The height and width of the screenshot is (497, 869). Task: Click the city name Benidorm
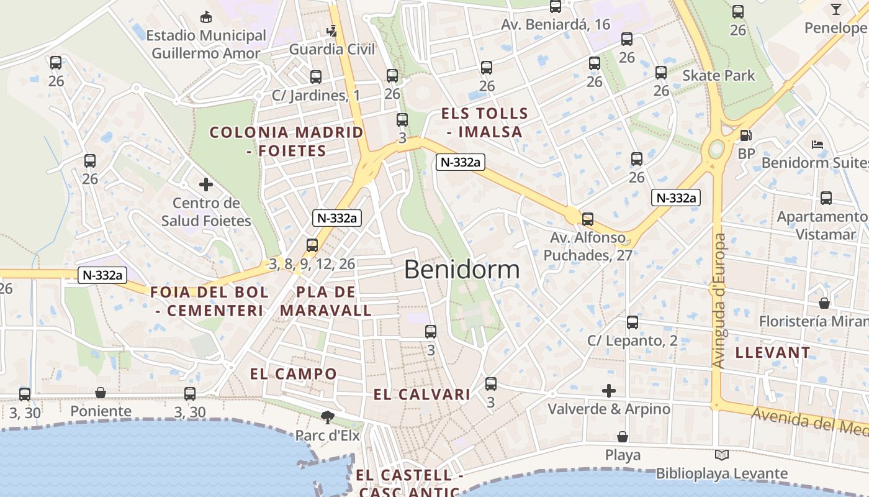pyautogui.click(x=462, y=270)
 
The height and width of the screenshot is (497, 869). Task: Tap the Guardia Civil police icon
pyautogui.click(x=333, y=30)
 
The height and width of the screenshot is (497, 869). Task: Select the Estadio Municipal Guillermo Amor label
pyautogui.click(x=205, y=44)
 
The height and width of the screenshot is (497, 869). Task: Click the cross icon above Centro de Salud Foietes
pyautogui.click(x=205, y=185)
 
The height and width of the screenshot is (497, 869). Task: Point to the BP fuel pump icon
pyautogui.click(x=745, y=135)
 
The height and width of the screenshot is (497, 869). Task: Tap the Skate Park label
pyautogui.click(x=718, y=76)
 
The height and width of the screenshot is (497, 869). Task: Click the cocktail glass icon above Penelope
pyautogui.click(x=836, y=9)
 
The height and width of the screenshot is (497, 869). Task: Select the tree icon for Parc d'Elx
pyautogui.click(x=327, y=417)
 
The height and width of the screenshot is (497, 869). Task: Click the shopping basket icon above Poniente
pyautogui.click(x=101, y=393)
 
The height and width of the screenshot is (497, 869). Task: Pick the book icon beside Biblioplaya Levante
pyautogui.click(x=721, y=455)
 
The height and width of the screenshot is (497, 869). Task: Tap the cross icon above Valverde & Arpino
pyautogui.click(x=609, y=391)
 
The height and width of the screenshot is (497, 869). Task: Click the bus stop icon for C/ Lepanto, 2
pyautogui.click(x=632, y=322)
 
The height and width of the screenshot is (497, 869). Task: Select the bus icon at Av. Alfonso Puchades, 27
pyautogui.click(x=587, y=219)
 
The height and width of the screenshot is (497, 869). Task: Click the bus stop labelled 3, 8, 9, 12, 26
pyautogui.click(x=312, y=245)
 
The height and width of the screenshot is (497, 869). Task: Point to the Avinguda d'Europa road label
pyautogui.click(x=719, y=301)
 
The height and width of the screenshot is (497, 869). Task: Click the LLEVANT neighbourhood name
pyautogui.click(x=772, y=353)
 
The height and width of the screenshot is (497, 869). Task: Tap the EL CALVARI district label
pyautogui.click(x=421, y=394)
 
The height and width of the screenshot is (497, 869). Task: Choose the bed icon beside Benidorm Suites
pyautogui.click(x=817, y=145)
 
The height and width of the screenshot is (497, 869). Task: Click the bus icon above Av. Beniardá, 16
pyautogui.click(x=556, y=7)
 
